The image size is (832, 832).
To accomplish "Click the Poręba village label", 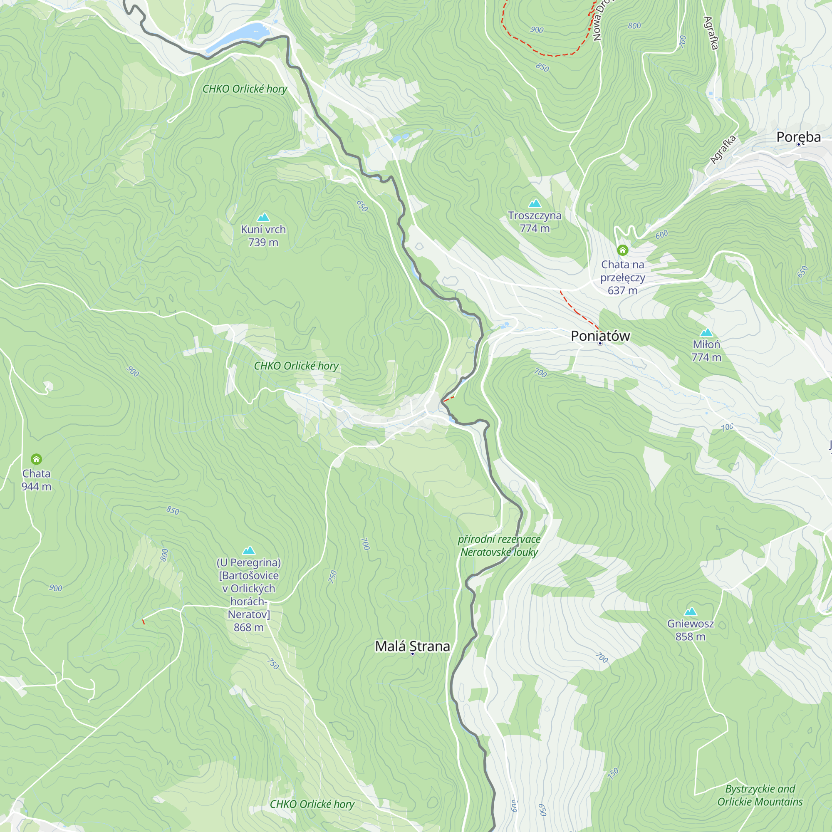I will click(798, 136).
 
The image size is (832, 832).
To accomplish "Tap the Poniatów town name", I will click(600, 335).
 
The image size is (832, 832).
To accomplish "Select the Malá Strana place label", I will click(412, 646).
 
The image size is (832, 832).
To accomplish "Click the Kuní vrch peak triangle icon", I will click(263, 217).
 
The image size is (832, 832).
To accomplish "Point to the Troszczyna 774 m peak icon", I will click(535, 203).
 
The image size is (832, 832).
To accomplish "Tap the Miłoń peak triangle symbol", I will click(706, 332).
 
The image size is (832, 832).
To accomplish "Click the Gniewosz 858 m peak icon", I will click(690, 612).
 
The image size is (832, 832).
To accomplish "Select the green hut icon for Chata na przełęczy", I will click(622, 250).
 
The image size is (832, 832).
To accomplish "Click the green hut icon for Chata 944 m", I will click(36, 459).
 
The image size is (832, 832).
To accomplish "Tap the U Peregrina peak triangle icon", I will click(248, 550).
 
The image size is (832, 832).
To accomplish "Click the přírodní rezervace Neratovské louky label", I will click(499, 546).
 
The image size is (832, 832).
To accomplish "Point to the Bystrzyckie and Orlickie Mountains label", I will click(760, 795).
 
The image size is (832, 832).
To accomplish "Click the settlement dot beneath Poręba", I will click(798, 145).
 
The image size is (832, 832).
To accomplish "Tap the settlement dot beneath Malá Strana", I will click(412, 654).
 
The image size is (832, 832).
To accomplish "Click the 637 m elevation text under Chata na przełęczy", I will click(622, 290).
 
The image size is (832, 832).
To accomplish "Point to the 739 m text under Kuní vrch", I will click(263, 243).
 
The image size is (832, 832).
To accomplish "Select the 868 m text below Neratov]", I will click(248, 627).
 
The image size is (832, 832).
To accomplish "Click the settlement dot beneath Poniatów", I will click(600, 343).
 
